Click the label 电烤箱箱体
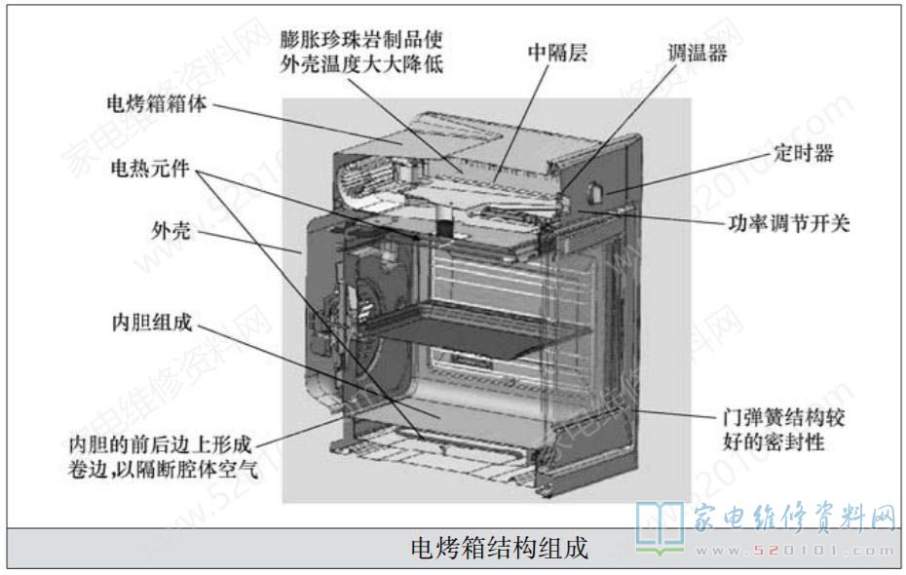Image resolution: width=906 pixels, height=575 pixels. [157, 104]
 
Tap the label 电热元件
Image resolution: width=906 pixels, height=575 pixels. [150, 169]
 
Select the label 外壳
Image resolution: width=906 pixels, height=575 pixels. [170, 231]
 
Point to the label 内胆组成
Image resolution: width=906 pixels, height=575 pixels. [151, 323]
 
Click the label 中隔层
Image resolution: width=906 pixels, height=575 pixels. [557, 53]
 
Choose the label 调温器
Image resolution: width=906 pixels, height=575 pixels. [698, 53]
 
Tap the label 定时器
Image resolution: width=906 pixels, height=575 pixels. [803, 153]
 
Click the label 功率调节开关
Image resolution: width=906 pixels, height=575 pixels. [788, 223]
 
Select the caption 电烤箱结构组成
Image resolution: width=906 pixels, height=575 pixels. [499, 548]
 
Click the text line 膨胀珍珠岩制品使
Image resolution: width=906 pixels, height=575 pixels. [361, 39]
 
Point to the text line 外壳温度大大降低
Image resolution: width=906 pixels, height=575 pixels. [361, 64]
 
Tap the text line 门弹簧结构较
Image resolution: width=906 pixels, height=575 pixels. [783, 417]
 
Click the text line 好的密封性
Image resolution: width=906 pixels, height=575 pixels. [774, 442]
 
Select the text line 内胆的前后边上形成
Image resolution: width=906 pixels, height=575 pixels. [160, 444]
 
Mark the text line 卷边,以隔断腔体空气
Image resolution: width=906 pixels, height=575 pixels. [163, 469]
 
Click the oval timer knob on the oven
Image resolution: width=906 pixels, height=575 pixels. [594, 192]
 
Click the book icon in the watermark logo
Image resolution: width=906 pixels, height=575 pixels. [660, 527]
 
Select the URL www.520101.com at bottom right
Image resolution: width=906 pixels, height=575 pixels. [796, 551]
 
